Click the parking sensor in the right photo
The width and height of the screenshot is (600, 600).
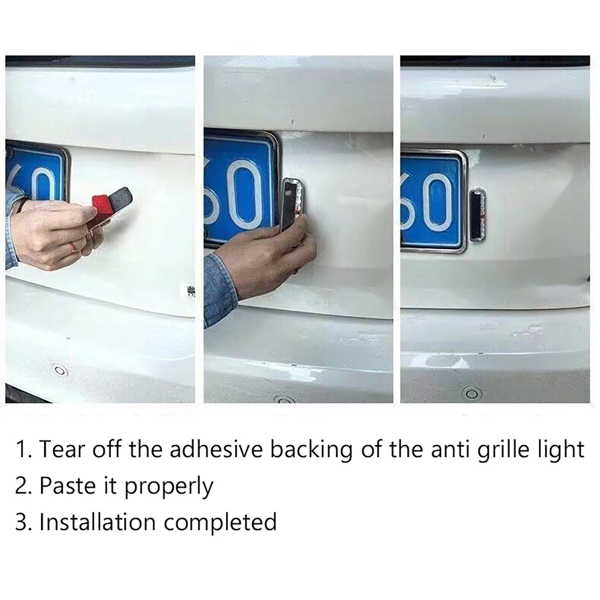[x=472, y=394]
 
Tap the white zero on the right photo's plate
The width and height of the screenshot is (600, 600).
[x=437, y=202]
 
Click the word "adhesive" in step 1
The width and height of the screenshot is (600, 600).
[x=216, y=449]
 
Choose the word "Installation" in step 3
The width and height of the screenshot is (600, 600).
[x=97, y=522]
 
